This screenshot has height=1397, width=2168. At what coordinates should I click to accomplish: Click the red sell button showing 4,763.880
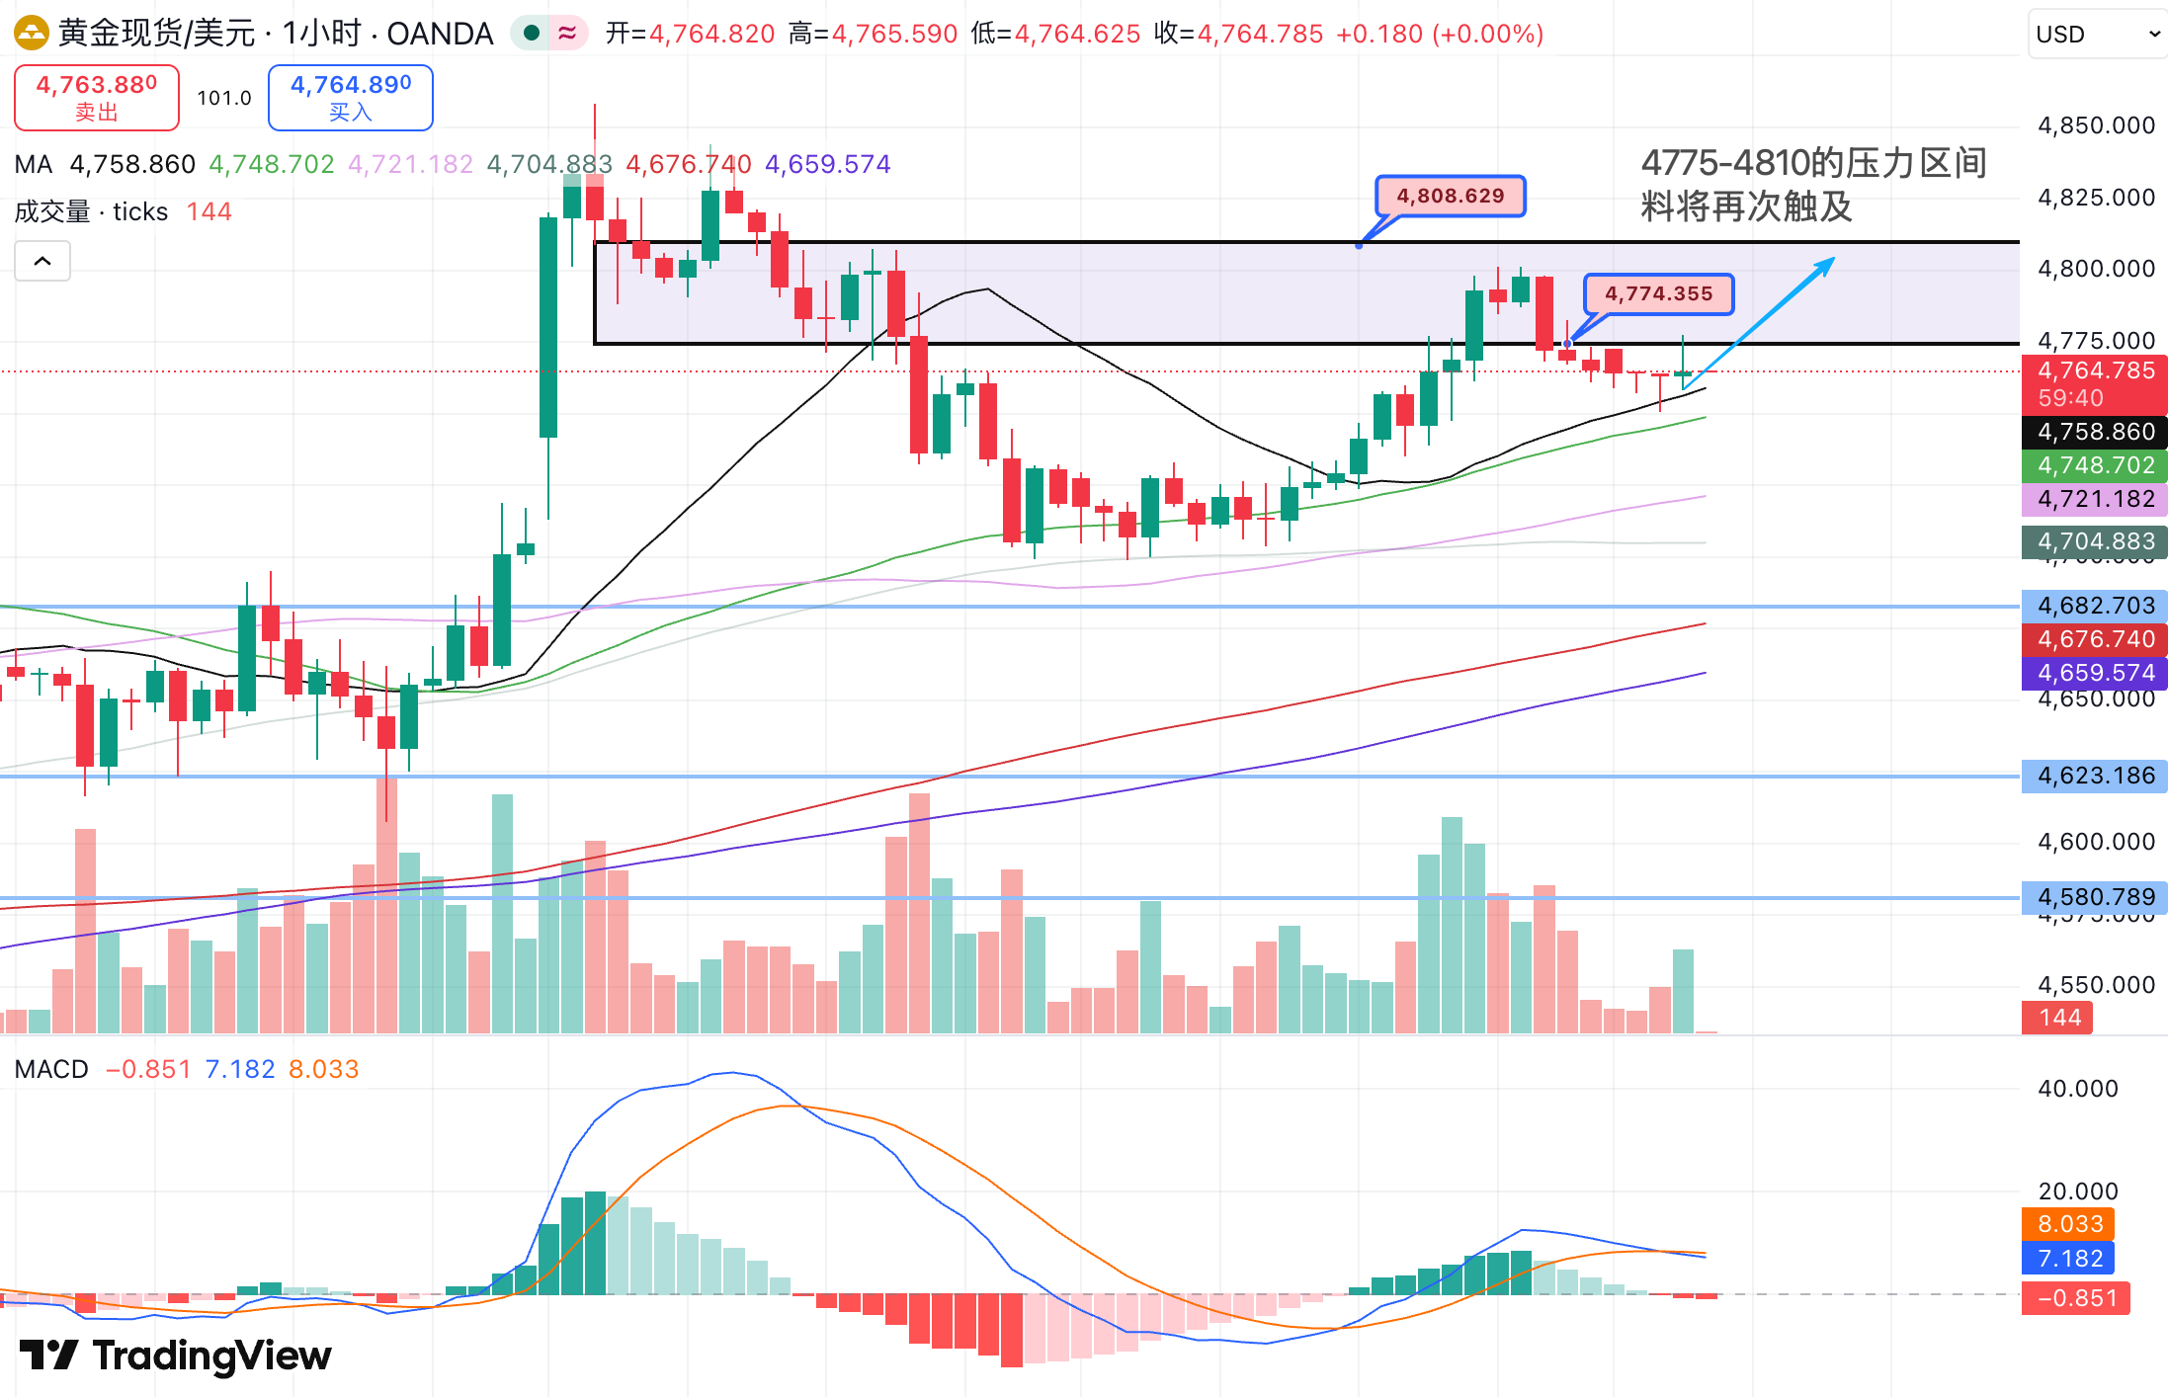(x=96, y=97)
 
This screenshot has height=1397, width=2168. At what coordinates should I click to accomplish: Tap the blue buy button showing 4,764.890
(x=350, y=97)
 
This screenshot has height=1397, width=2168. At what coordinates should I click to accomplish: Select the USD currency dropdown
(x=2096, y=35)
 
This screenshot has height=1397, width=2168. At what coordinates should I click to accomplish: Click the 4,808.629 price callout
(x=1450, y=196)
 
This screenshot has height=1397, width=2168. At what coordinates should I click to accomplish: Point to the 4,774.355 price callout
(x=1658, y=293)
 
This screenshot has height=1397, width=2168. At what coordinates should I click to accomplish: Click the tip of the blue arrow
(x=1833, y=259)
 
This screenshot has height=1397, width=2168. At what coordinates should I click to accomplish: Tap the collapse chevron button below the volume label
(x=42, y=262)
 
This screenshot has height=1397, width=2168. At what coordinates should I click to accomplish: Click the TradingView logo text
(x=211, y=1356)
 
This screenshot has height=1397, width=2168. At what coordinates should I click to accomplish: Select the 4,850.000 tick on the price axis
(x=2096, y=125)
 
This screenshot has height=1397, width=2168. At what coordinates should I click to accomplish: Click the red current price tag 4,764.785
(x=2095, y=371)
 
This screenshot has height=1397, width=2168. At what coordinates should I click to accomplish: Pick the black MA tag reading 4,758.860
(x=2095, y=432)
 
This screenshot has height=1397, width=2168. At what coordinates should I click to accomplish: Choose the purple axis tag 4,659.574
(x=2095, y=673)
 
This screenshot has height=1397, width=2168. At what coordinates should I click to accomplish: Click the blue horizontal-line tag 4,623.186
(x=2095, y=776)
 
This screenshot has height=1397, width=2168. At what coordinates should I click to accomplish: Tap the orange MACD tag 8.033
(x=2069, y=1224)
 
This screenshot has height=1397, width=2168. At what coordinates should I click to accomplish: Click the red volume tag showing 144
(x=2058, y=1018)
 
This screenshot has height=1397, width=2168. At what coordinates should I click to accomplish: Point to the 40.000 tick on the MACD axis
(x=2077, y=1089)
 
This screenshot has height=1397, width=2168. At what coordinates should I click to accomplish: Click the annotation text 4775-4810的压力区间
(x=1813, y=163)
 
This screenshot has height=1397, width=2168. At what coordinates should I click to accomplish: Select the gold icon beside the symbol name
(x=31, y=34)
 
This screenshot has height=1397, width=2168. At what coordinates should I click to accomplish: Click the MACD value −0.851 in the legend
(x=148, y=1069)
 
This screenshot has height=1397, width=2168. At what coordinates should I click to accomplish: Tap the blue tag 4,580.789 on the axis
(x=2095, y=897)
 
